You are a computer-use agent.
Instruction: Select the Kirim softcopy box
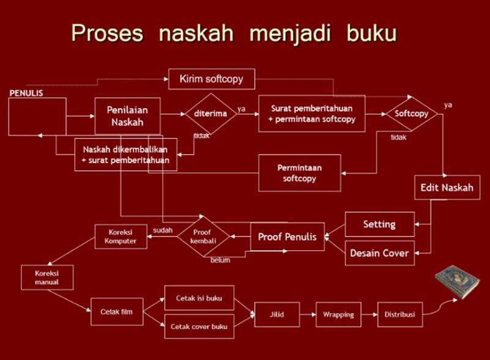point(212,79)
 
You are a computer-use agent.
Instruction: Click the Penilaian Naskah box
point(127,116)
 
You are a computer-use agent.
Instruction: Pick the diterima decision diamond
point(211,114)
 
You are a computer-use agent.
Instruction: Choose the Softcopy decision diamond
point(411,114)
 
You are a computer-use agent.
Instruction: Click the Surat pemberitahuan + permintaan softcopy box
point(311,113)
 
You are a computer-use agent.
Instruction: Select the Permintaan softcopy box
point(300,173)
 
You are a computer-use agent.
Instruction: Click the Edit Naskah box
point(447,188)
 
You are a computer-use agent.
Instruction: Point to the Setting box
point(379,224)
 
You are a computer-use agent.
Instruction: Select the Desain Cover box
point(379,252)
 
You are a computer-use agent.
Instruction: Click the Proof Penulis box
point(287,237)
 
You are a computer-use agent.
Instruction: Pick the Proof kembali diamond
point(202,237)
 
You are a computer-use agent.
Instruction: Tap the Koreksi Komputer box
point(121,236)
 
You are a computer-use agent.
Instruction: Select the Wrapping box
point(338,314)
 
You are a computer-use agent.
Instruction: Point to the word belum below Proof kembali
point(220,260)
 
